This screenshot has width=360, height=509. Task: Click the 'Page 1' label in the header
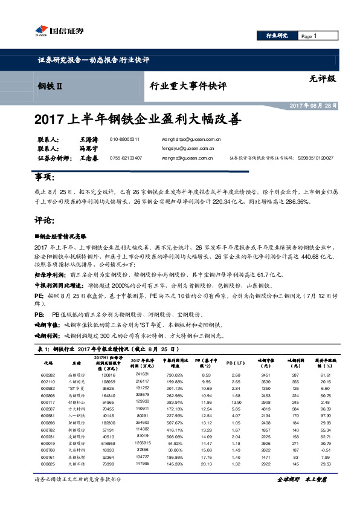click(309, 36)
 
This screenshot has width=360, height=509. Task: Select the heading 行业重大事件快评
click(187, 86)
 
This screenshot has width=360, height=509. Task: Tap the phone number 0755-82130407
click(126, 158)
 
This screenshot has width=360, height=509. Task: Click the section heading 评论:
click(46, 222)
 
